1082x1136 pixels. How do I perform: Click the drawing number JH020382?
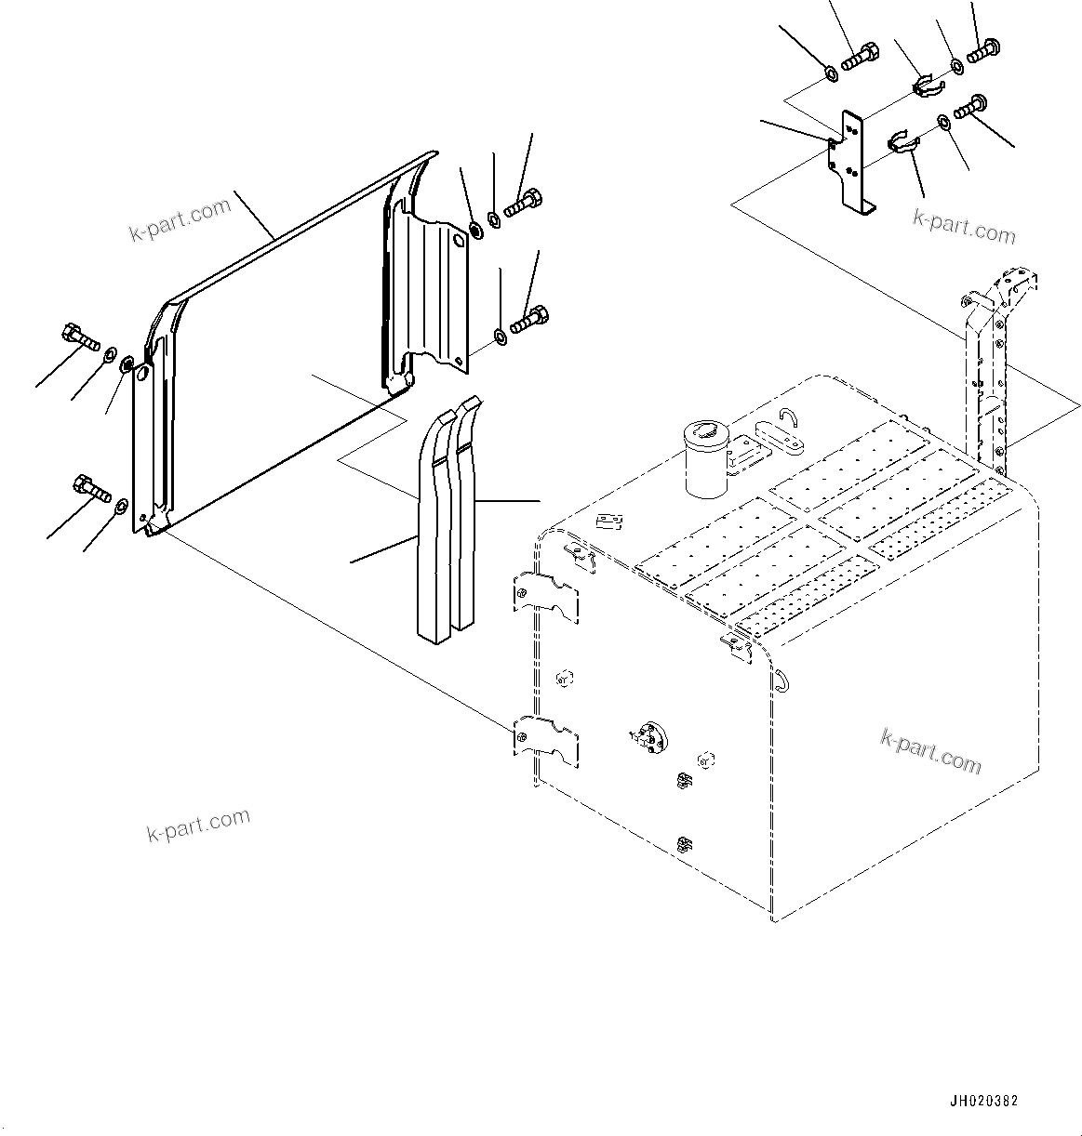983,1101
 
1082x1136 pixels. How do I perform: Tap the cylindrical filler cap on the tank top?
702,458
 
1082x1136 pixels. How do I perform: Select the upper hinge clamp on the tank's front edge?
547,597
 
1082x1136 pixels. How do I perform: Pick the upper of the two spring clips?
928,86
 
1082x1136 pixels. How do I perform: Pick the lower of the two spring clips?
902,142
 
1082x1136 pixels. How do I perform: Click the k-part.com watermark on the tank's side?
930,750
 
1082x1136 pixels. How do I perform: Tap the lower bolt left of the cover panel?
92,487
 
